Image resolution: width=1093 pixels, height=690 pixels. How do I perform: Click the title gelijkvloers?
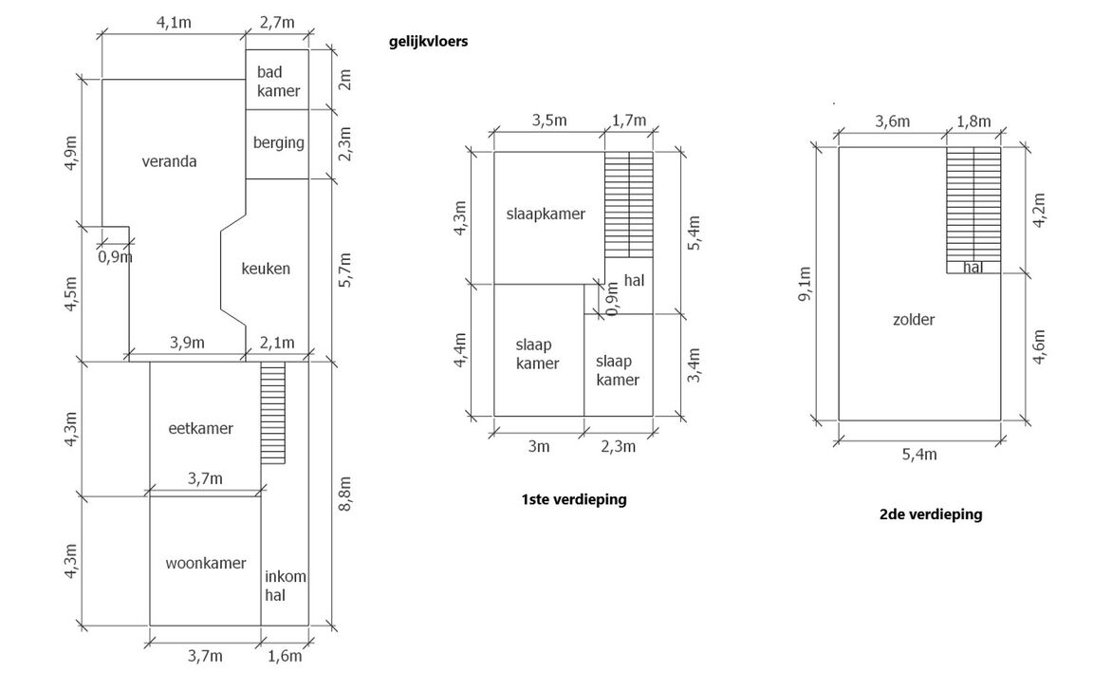click(428, 42)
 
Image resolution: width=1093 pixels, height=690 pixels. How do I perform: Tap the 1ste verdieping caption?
click(573, 499)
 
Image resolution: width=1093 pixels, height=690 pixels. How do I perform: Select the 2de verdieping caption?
click(930, 514)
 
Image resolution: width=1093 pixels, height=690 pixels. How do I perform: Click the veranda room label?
click(169, 161)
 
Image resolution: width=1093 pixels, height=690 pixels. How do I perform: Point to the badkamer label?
click(278, 82)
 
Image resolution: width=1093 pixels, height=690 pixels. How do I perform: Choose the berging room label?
click(279, 143)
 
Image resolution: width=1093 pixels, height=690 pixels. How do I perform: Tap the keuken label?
click(266, 269)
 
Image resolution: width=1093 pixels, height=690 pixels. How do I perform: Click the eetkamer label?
click(200, 428)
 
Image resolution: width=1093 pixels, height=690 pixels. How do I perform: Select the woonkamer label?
click(199, 561)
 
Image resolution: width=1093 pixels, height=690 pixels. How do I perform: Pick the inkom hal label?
click(285, 586)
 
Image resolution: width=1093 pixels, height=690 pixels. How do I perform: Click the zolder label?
click(914, 320)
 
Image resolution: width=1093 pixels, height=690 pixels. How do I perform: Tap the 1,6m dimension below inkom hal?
click(285, 655)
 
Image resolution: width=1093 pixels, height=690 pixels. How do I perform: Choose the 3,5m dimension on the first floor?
click(549, 121)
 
